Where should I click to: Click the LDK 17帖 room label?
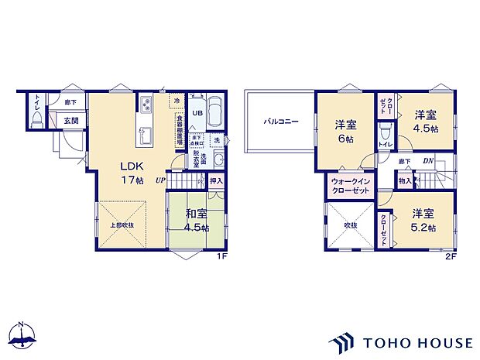tap(130, 172)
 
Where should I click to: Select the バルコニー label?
tap(277, 122)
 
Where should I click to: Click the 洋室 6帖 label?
tap(345, 132)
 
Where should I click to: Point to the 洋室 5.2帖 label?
tap(423, 219)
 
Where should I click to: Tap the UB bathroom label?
tap(197, 112)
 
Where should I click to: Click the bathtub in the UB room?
tap(215, 112)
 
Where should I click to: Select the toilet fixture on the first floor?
tap(36, 117)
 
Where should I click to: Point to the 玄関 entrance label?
tap(70, 121)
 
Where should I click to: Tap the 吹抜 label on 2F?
tap(350, 225)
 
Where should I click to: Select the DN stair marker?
tap(427, 161)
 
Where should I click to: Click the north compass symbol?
tap(24, 334)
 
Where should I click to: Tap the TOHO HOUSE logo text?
tap(415, 341)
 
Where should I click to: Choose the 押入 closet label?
tap(217, 181)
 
